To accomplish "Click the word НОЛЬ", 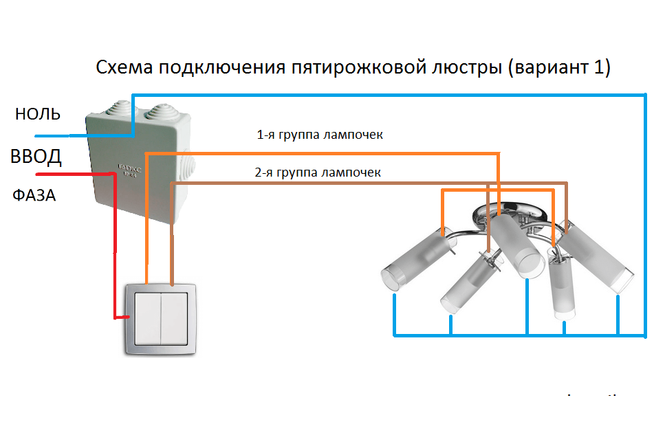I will (x=38, y=114).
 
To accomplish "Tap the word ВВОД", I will (x=36, y=157).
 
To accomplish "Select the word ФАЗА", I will (x=34, y=195).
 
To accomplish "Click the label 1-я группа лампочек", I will (x=320, y=135).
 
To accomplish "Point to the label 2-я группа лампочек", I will (x=317, y=172).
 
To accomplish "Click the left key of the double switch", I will (x=147, y=317).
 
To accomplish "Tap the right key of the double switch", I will (x=173, y=317).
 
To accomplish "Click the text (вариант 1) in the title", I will (x=557, y=68).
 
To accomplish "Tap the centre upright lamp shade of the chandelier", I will (x=516, y=243).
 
